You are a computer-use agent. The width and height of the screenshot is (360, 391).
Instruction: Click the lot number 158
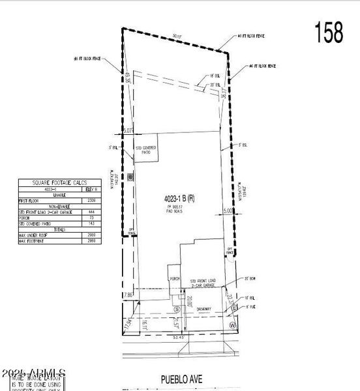pyautogui.click(x=329, y=32)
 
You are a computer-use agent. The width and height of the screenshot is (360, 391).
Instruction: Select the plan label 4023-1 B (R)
pyautogui.click(x=177, y=198)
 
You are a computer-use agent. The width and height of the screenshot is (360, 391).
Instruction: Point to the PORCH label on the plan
pyautogui.click(x=174, y=278)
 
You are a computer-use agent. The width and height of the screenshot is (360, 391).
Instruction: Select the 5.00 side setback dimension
pyautogui.click(x=227, y=210)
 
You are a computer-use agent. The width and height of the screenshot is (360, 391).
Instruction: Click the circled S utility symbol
pyautogui.click(x=175, y=308)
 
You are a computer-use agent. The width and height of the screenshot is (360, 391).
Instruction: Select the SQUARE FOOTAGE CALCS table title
pyautogui.click(x=59, y=183)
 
